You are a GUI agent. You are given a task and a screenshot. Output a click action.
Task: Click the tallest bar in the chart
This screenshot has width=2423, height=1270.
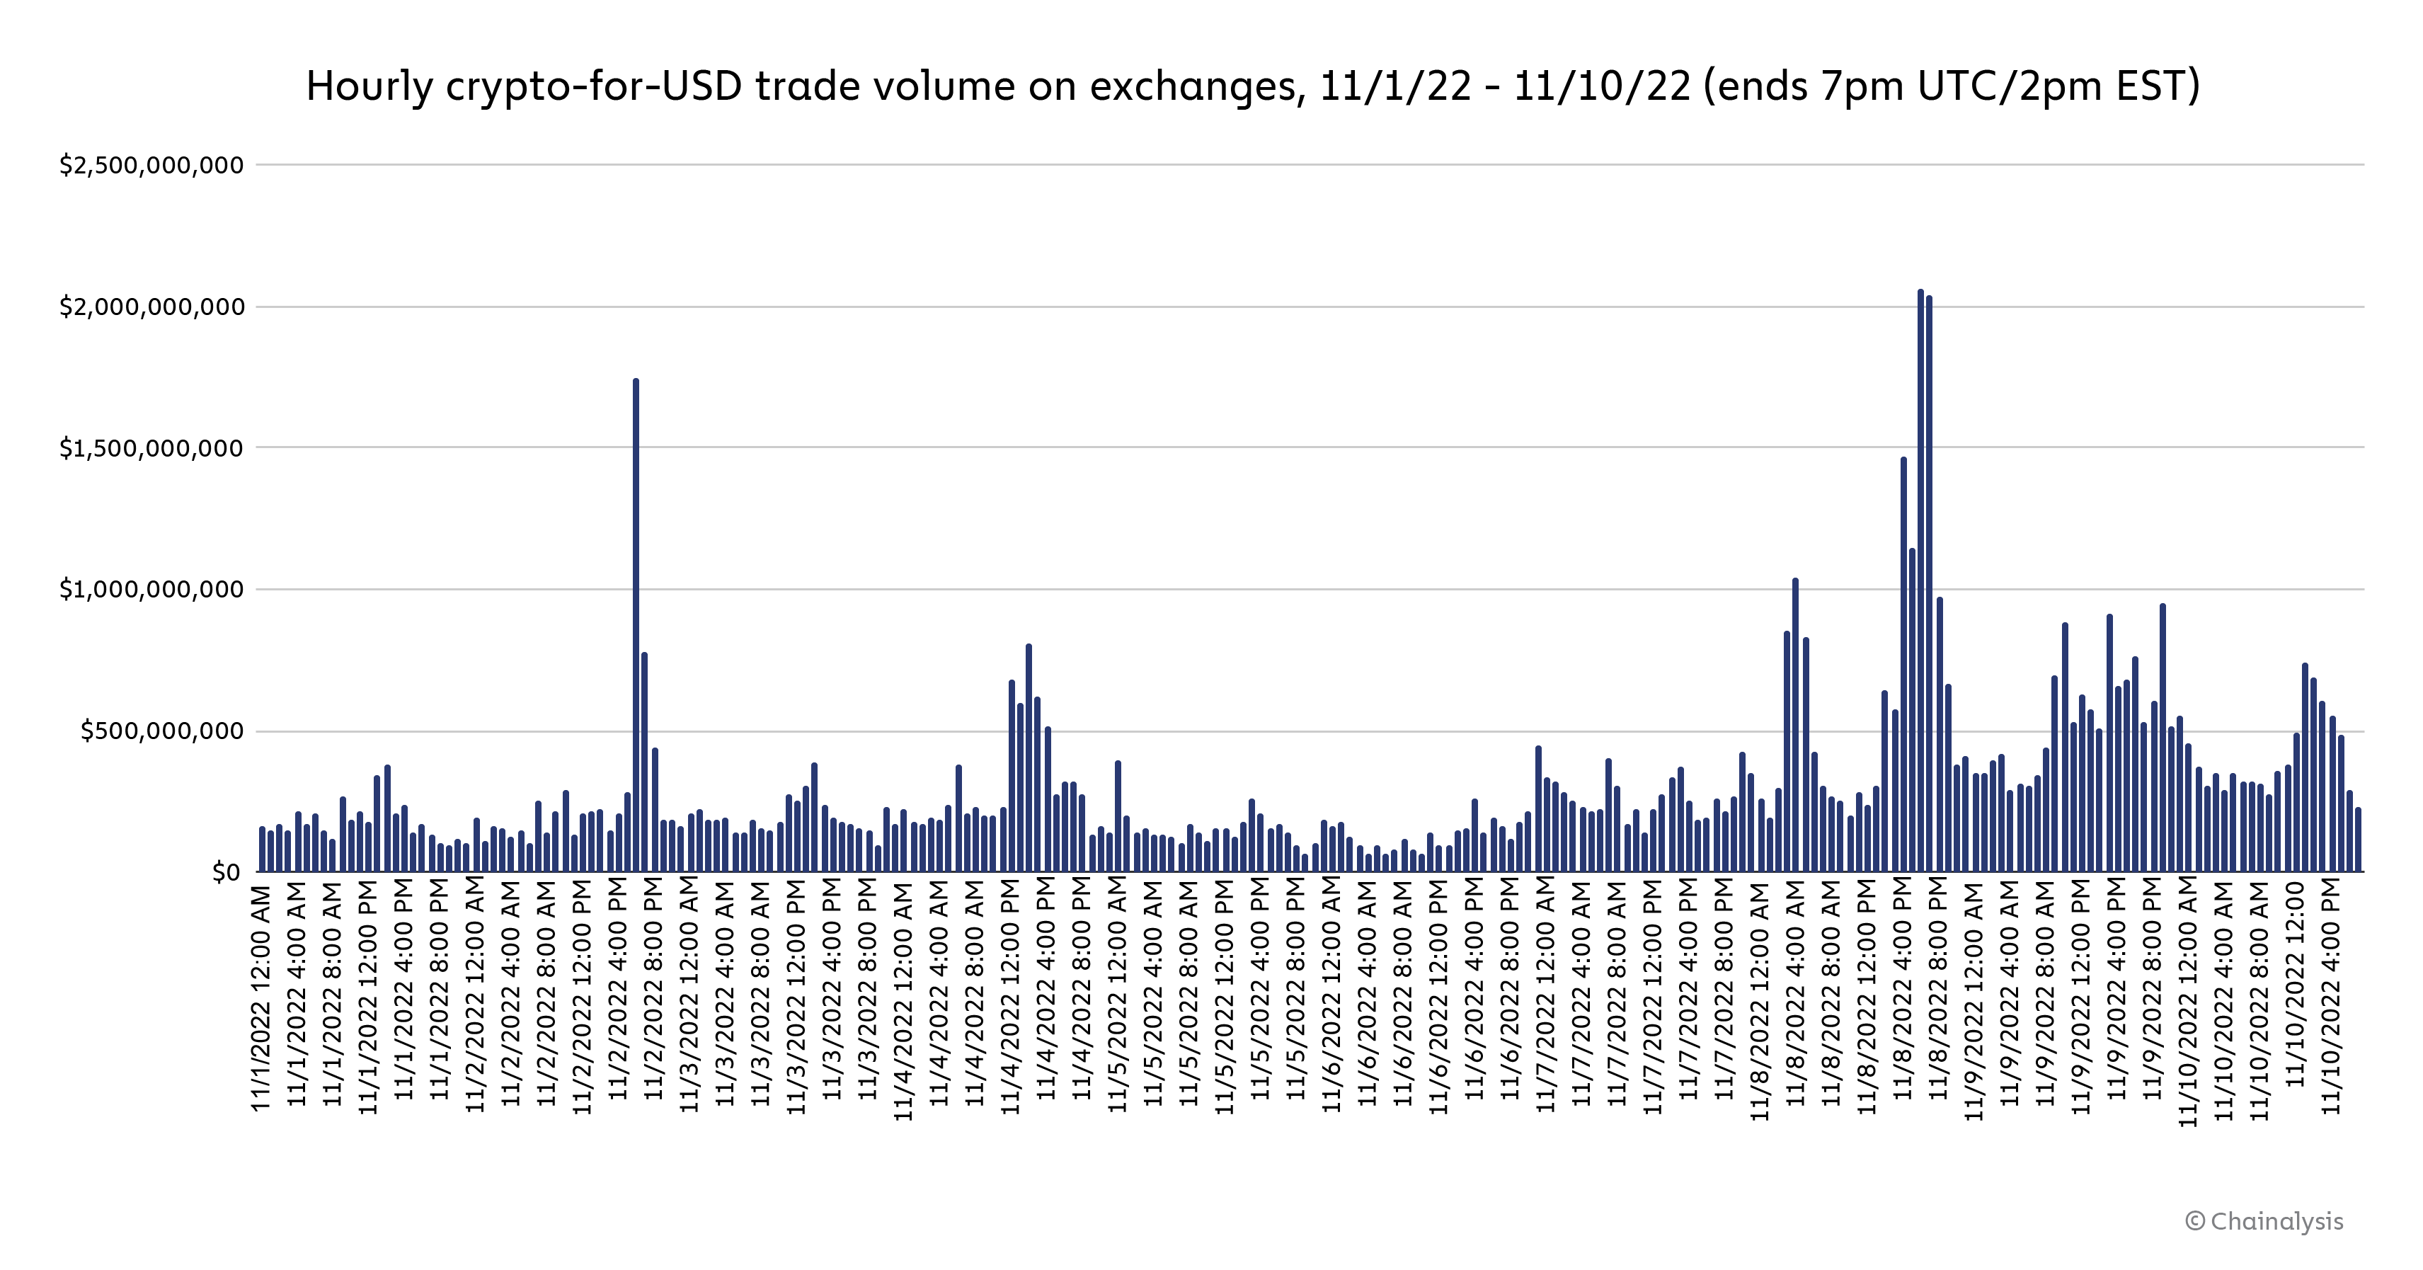click(1920, 583)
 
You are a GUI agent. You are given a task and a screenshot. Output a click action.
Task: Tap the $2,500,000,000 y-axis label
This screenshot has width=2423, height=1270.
click(151, 166)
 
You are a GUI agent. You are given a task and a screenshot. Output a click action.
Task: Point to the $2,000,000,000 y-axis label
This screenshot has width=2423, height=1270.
click(151, 307)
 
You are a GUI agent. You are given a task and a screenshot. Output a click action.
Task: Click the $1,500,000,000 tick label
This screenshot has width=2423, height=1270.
click(151, 448)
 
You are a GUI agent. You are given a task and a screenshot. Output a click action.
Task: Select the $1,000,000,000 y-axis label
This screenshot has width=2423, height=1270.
click(151, 590)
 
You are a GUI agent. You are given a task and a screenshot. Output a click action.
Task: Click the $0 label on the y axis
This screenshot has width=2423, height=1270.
click(226, 873)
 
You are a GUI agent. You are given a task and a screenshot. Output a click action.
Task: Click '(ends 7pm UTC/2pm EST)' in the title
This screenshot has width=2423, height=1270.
click(1952, 86)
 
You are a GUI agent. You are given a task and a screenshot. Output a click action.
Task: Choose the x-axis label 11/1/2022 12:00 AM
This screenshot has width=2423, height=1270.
click(261, 997)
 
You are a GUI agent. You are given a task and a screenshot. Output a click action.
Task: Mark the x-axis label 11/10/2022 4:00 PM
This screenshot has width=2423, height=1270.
click(2331, 997)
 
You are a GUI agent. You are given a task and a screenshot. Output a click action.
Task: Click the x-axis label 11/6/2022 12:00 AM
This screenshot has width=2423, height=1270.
click(1332, 997)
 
